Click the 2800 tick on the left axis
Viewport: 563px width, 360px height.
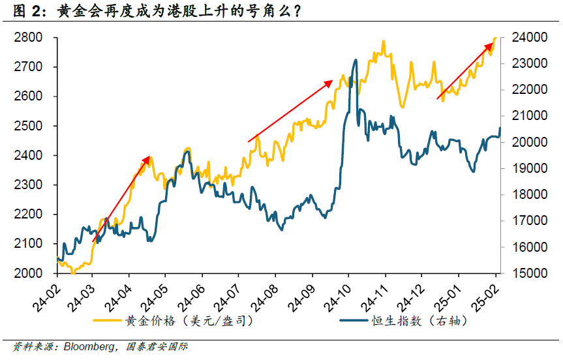29,38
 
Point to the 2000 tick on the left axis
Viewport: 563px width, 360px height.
29,273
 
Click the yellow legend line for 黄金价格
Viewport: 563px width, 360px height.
108,321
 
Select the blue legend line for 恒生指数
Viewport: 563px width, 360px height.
355,321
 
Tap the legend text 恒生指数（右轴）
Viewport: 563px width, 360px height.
425,321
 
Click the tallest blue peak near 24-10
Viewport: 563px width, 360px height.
356,60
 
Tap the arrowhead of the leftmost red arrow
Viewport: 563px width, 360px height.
149,158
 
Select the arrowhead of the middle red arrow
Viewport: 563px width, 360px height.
331,82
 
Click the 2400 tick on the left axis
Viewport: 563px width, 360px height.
29,155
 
